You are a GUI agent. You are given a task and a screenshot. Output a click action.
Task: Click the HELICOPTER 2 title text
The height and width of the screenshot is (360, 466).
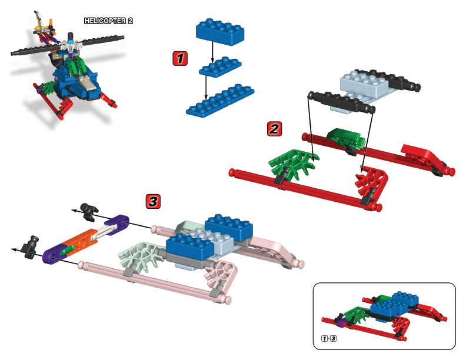[109, 21]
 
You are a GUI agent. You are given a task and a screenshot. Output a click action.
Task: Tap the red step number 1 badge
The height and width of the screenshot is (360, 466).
[180, 58]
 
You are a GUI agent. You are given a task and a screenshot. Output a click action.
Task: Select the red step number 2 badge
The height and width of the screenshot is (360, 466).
[274, 128]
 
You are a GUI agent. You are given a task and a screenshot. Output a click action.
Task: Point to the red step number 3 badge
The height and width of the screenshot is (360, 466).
[153, 202]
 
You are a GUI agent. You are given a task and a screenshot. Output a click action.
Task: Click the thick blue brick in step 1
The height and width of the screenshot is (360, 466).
[221, 32]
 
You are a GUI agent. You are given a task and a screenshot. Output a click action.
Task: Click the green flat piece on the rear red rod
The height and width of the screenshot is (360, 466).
[346, 138]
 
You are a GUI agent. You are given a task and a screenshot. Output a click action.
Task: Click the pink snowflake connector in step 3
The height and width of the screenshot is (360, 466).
[219, 277]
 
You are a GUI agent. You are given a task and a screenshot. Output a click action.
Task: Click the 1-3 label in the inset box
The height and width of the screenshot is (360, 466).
[328, 339]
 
